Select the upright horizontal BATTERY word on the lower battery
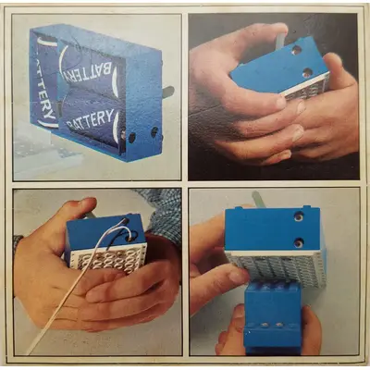tap(90, 119)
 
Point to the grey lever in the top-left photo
tap(168, 92)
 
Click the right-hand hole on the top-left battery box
tap(154, 132)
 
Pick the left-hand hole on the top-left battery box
tap(132, 138)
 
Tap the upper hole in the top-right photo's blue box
tap(296, 50)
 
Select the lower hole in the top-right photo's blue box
tap(307, 73)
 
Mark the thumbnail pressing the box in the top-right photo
tap(280, 103)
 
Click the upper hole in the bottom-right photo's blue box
tap(298, 217)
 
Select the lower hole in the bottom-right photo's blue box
tap(298, 243)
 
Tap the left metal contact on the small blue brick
tap(265, 325)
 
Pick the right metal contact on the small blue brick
tap(279, 325)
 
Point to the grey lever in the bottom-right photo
tap(257, 199)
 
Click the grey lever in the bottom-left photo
tap(89, 216)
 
